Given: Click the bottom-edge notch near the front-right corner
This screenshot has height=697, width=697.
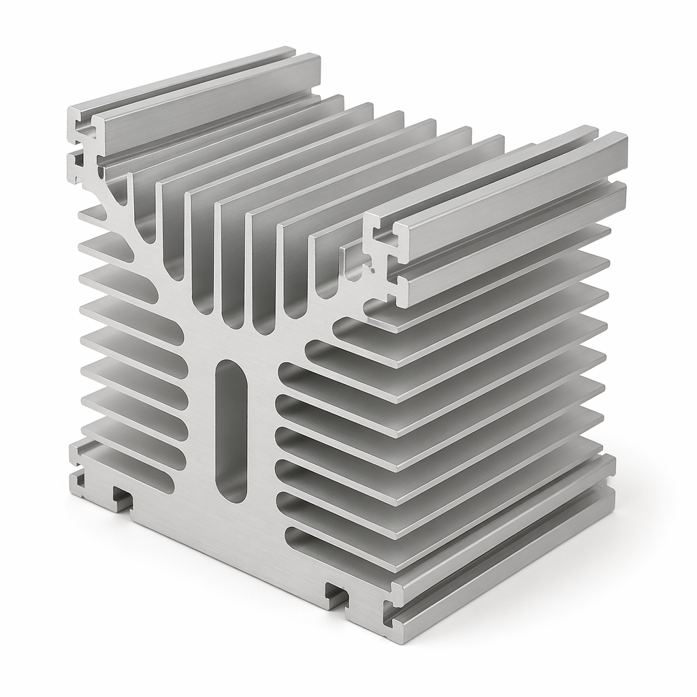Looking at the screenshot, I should (x=337, y=594).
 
